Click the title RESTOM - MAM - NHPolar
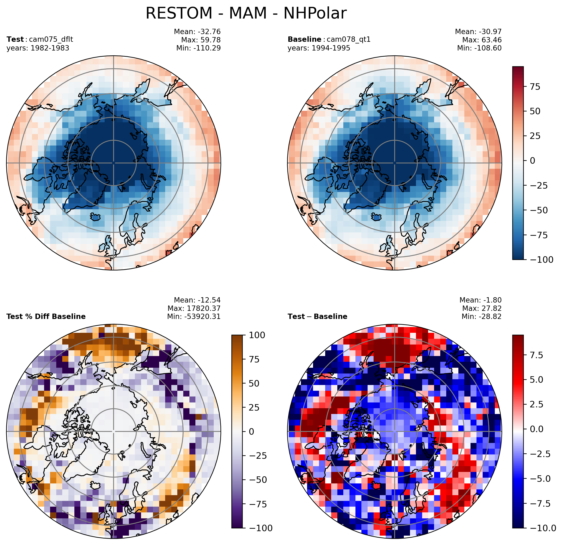pos(246,13)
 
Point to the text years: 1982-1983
pos(38,48)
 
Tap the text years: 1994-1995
pos(319,48)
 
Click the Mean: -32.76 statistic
pos(197,32)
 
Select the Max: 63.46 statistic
pos(482,40)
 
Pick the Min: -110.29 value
pos(198,48)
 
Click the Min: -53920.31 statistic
pos(194,316)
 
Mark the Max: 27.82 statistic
pos(482,308)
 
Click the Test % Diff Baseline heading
pos(46,316)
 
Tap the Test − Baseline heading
pos(317,316)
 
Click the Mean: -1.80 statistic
pos(481,300)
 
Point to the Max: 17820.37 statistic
pos(194,308)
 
